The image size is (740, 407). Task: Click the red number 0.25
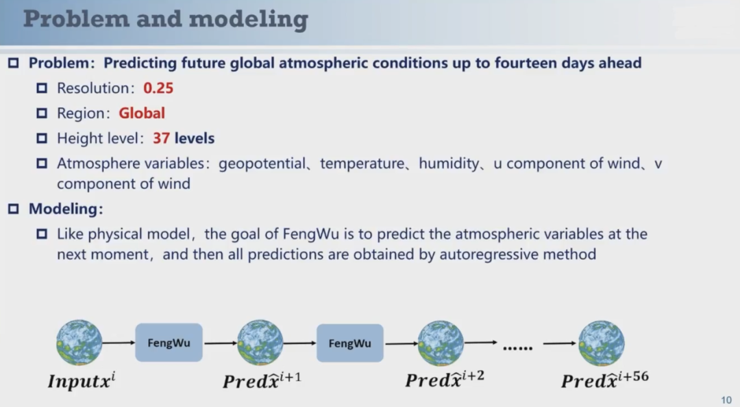158,88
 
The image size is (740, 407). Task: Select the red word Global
142,113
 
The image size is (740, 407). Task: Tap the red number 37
161,138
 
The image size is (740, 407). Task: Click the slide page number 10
726,400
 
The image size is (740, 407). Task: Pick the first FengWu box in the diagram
169,343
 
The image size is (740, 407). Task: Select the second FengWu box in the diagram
349,343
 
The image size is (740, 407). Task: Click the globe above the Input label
79,343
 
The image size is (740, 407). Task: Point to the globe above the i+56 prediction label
602,343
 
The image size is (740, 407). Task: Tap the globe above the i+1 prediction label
260,343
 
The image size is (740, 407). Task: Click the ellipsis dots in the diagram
518,348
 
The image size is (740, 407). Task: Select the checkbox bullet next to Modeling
13,208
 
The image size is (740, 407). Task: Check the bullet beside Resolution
42,88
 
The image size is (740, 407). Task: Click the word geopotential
262,164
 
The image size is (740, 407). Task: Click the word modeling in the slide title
248,20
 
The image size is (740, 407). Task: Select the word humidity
449,164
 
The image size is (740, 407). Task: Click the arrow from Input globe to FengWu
119,343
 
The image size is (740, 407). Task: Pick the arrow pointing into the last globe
560,343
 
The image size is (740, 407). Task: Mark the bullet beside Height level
42,138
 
